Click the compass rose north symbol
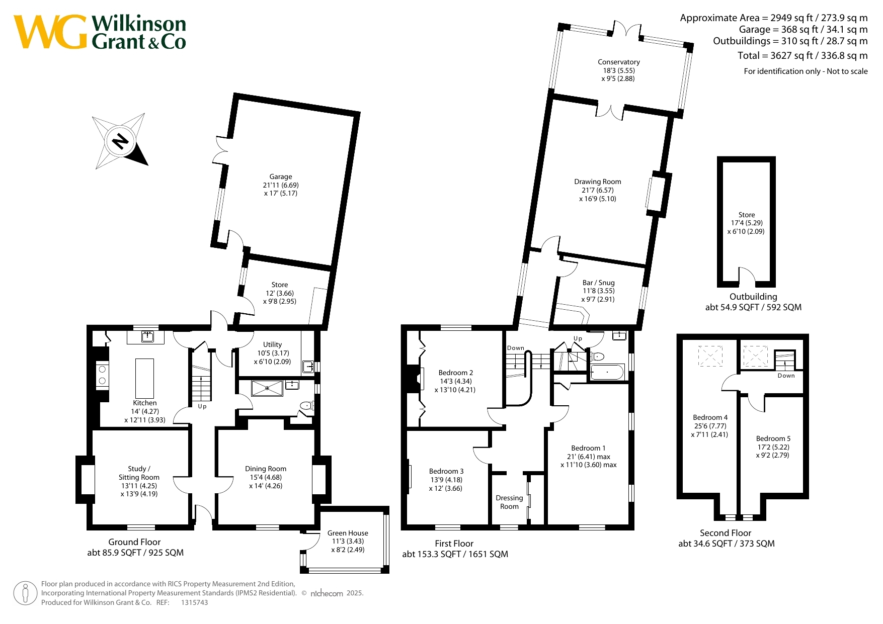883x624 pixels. pyautogui.click(x=120, y=141)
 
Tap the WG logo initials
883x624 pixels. pyautogui.click(x=50, y=32)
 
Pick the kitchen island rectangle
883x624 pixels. pyautogui.click(x=145, y=378)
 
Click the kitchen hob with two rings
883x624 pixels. pyautogui.click(x=102, y=375)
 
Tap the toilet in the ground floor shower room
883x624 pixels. pyautogui.click(x=306, y=405)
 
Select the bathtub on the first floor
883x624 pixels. pyautogui.click(x=607, y=373)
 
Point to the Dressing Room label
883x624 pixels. pyautogui.click(x=509, y=502)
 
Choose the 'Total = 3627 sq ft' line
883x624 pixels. pyautogui.click(x=802, y=55)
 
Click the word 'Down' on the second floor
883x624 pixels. pyautogui.click(x=786, y=376)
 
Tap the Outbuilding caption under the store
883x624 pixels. pyautogui.click(x=753, y=297)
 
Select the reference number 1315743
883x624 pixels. pyautogui.click(x=194, y=602)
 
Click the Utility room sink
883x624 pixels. pyautogui.click(x=308, y=367)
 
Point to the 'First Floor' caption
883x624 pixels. pyautogui.click(x=454, y=544)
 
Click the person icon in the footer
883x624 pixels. pyautogui.click(x=25, y=593)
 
